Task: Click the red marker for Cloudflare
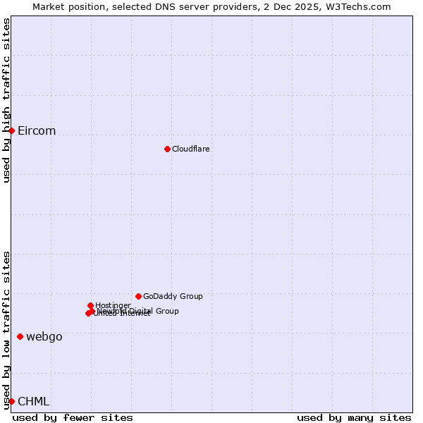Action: pos(167,149)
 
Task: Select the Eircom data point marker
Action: pos(11,130)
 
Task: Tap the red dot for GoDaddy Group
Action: pos(138,296)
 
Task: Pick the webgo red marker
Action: pos(20,336)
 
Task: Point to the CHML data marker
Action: pos(11,401)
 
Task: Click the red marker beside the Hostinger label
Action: pos(90,305)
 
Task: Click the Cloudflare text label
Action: pos(191,149)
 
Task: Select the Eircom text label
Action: pos(37,131)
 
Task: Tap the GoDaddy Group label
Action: pos(173,296)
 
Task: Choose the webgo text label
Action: pos(44,337)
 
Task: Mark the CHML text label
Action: pos(34,402)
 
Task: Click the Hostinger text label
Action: pos(113,305)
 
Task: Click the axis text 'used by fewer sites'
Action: pos(73,417)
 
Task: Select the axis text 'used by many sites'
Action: pos(354,417)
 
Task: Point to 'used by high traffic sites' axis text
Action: pos(6,100)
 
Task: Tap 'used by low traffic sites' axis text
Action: pos(6,330)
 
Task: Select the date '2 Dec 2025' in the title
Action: pos(293,6)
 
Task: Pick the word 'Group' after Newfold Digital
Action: pos(166,311)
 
